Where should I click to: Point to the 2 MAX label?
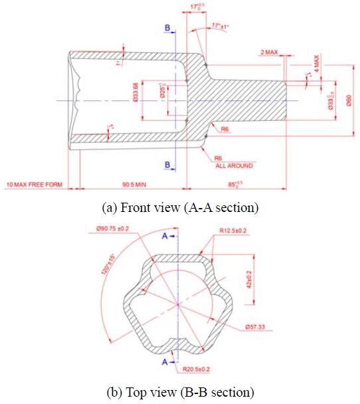coord(270,51)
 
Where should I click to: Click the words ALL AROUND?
coord(234,165)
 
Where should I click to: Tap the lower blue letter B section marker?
coord(168,164)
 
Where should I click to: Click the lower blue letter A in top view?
coord(164,362)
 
